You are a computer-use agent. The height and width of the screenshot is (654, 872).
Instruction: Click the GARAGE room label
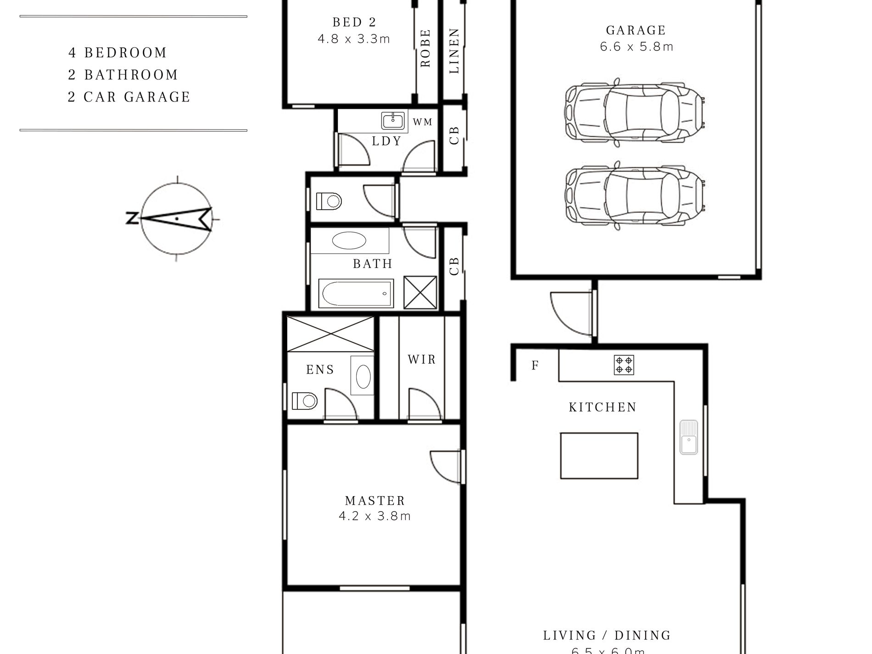(x=636, y=31)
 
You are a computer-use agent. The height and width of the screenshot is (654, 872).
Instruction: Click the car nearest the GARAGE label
(x=635, y=112)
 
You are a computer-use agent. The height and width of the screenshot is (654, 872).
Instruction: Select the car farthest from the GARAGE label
(x=635, y=195)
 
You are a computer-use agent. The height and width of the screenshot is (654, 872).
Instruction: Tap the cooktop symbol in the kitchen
(x=624, y=365)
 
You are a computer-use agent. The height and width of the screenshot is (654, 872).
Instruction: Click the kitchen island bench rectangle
(x=599, y=455)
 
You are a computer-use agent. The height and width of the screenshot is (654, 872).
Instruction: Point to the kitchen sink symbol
(x=688, y=437)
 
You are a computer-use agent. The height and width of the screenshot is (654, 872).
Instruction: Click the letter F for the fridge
(x=535, y=366)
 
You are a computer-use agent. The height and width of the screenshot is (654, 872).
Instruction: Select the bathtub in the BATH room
(x=356, y=293)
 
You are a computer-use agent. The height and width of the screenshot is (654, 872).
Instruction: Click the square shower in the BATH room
(x=420, y=292)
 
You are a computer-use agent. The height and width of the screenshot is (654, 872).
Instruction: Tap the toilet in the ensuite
(x=304, y=401)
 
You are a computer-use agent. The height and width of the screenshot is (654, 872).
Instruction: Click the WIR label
(x=421, y=359)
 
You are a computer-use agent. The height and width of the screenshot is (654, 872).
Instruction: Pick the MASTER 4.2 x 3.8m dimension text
(x=375, y=516)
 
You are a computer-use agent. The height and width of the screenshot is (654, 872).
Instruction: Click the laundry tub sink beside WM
(x=393, y=121)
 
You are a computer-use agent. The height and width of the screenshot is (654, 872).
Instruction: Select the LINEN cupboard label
(x=454, y=50)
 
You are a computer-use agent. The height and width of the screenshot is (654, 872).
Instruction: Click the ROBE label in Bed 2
(x=425, y=48)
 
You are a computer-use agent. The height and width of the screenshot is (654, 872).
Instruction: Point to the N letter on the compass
(x=132, y=218)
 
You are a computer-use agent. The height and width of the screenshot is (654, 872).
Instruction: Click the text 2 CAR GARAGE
(x=129, y=97)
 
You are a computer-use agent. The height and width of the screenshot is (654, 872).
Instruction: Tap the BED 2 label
(x=354, y=22)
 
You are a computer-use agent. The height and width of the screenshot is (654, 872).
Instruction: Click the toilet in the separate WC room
(x=329, y=201)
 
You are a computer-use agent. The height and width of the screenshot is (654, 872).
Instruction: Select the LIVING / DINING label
(x=607, y=635)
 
